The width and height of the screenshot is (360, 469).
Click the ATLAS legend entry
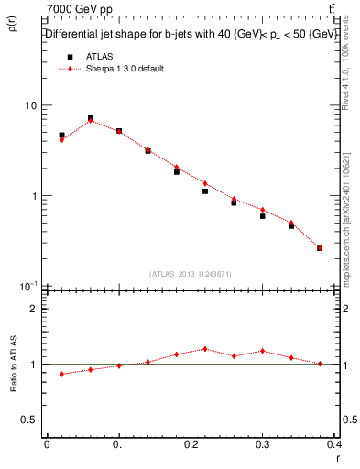click(98, 56)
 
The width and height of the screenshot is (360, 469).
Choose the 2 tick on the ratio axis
click(32, 309)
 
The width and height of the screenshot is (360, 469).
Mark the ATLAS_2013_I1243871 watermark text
click(190, 274)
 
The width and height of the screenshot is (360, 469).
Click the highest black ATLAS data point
click(91, 118)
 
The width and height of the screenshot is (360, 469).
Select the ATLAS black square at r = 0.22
click(205, 191)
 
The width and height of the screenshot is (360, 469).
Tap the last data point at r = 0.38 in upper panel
click(320, 247)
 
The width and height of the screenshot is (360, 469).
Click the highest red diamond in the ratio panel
click(205, 349)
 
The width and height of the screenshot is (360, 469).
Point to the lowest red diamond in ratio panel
click(61, 374)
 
